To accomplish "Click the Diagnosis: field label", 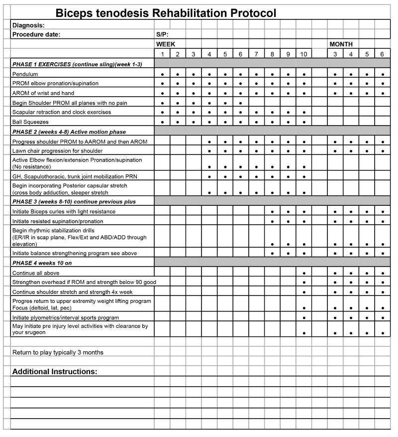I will [x=28, y=25].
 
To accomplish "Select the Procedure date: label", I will [x=36, y=34].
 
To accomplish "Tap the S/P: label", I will [x=162, y=34].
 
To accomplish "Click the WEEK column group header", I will [x=166, y=44].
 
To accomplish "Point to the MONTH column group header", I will [x=341, y=44].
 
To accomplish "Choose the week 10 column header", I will [x=303, y=54].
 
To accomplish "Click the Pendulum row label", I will [x=25, y=74].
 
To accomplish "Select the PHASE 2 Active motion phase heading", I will [x=69, y=132].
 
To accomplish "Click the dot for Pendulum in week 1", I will [x=162, y=74].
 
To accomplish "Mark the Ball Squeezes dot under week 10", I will [x=303, y=122].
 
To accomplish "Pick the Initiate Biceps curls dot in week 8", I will [x=272, y=212].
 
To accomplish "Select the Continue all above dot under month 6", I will [x=382, y=273].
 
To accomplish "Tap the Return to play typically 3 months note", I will [x=58, y=352].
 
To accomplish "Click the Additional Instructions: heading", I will [x=55, y=372].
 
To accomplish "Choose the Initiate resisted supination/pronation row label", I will [x=58, y=221].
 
